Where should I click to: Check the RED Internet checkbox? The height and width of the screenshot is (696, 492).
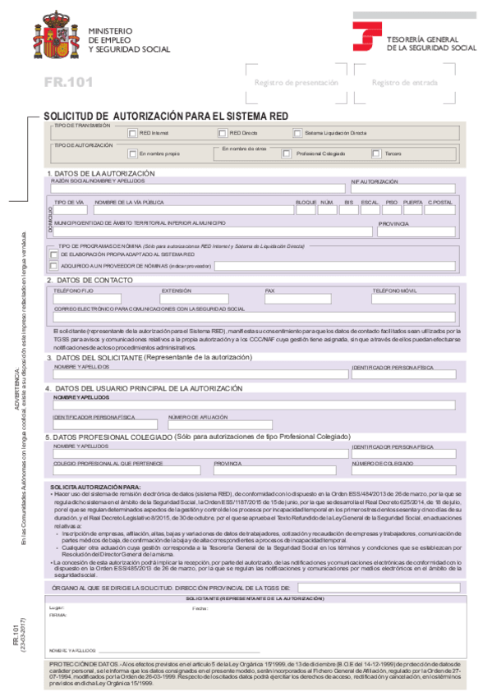click(x=132, y=133)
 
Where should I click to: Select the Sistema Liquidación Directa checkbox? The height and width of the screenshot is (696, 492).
click(x=297, y=133)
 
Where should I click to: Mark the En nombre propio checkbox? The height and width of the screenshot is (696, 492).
click(x=132, y=153)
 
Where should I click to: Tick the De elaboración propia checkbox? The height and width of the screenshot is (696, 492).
click(x=54, y=254)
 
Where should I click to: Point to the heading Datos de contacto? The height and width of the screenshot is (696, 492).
click(x=90, y=280)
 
